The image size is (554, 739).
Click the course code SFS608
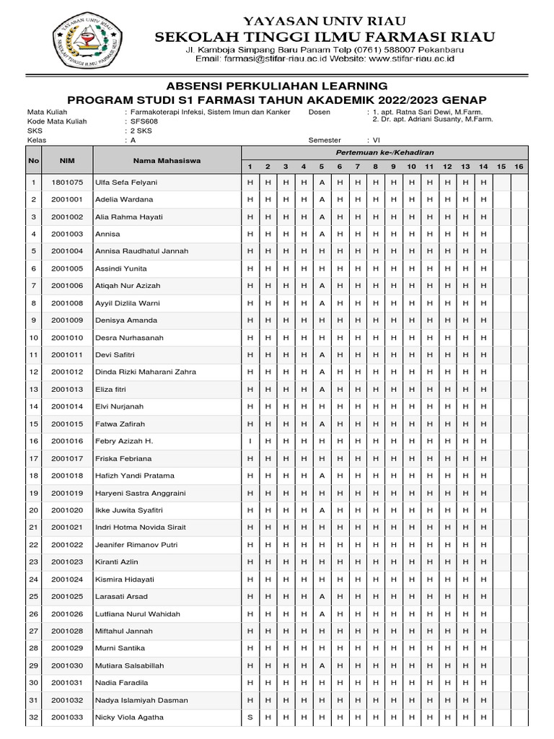(x=144, y=122)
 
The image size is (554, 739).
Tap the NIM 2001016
(x=67, y=441)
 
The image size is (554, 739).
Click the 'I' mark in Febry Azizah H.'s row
(x=250, y=441)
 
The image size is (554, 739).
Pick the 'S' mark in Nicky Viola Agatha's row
(x=250, y=717)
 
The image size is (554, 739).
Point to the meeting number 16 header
(x=519, y=167)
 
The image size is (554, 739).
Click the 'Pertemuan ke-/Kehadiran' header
(x=384, y=153)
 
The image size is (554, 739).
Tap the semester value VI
(x=377, y=141)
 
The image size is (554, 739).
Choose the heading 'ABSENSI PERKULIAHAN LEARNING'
(x=277, y=86)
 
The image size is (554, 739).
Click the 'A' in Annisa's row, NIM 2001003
(x=322, y=234)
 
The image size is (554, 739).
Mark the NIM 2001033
(x=67, y=717)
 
